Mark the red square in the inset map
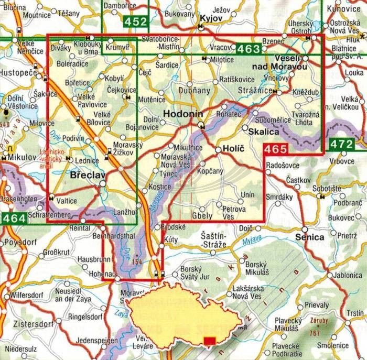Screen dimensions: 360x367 (x=209, y=342)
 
